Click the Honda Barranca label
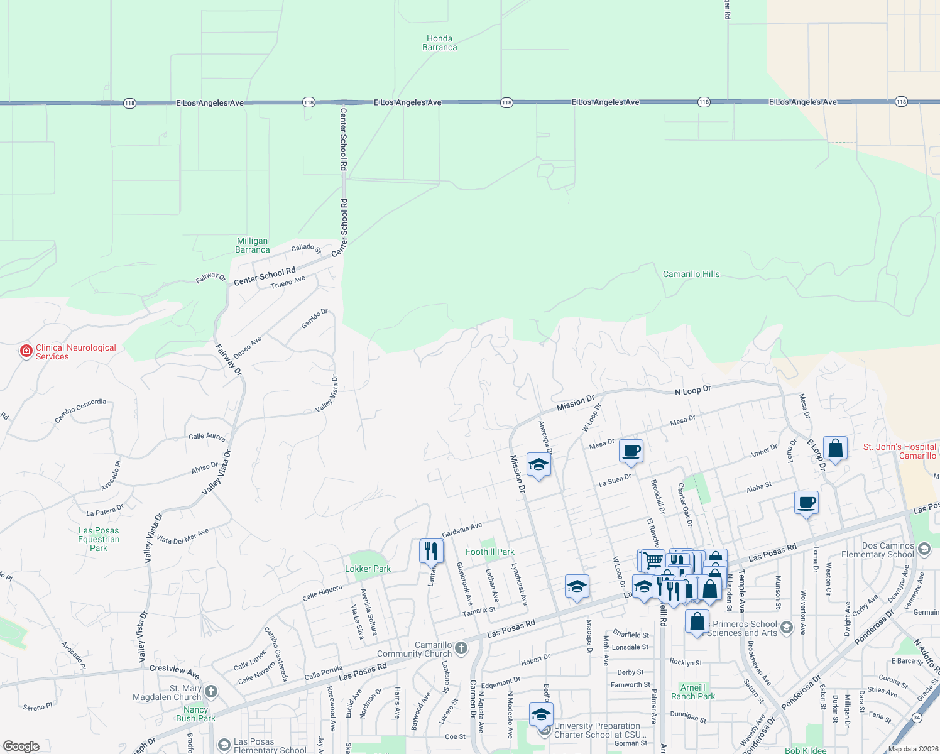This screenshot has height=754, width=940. click(x=439, y=43)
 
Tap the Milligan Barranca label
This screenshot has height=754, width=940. click(x=252, y=245)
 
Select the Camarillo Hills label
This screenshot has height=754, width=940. click(x=691, y=274)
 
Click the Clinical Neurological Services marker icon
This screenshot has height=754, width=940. click(x=26, y=351)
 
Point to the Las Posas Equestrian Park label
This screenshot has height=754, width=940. click(x=99, y=539)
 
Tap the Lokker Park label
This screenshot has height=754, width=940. click(x=368, y=569)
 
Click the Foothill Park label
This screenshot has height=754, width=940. click(x=489, y=552)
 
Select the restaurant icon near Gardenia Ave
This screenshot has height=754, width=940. click(x=431, y=551)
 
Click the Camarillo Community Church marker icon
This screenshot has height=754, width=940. click(x=461, y=648)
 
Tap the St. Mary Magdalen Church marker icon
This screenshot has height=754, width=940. click(x=211, y=692)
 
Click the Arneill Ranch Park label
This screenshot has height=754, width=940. click(x=692, y=692)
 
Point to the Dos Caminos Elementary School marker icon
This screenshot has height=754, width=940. click(x=924, y=549)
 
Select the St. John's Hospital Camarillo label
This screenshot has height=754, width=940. click(x=900, y=451)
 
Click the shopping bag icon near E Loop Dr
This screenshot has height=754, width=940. click(x=835, y=449)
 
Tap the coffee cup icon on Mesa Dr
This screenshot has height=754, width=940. click(x=631, y=451)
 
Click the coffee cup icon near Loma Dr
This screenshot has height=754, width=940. click(x=807, y=503)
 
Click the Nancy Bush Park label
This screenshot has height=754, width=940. click(x=195, y=714)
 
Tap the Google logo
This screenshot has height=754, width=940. click(x=21, y=746)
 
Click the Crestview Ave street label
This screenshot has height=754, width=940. click(x=174, y=671)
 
